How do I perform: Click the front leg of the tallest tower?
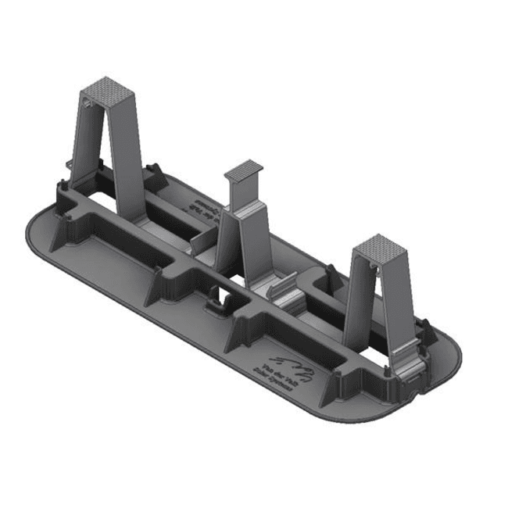click(129, 156)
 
